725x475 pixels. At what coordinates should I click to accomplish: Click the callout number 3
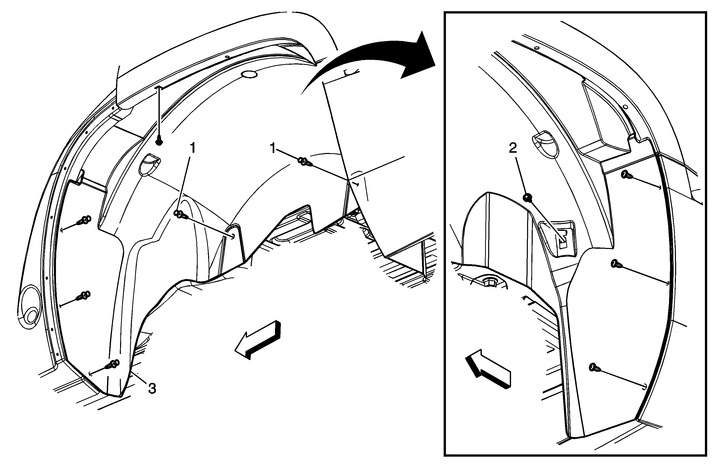[x=152, y=388]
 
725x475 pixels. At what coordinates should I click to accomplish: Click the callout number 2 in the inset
[x=513, y=148]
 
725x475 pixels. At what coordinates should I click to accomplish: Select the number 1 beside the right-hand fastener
[x=273, y=148]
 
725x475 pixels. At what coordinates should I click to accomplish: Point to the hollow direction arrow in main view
[x=257, y=340]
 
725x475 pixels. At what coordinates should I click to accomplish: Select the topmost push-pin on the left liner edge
[x=84, y=220]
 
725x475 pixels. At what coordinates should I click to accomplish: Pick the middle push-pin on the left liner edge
[x=84, y=295]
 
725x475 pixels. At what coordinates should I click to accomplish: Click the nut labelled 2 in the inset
[x=528, y=198]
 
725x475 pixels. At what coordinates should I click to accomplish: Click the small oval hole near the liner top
[x=249, y=75]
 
